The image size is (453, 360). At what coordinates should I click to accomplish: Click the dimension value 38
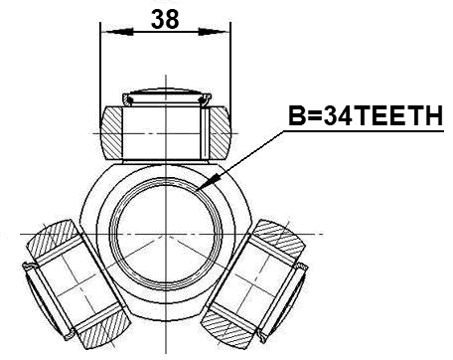click(165, 17)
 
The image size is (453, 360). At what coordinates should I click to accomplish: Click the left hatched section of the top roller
click(112, 131)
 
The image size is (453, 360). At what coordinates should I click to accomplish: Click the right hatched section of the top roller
click(218, 131)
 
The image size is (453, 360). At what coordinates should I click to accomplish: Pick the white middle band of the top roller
click(165, 131)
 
